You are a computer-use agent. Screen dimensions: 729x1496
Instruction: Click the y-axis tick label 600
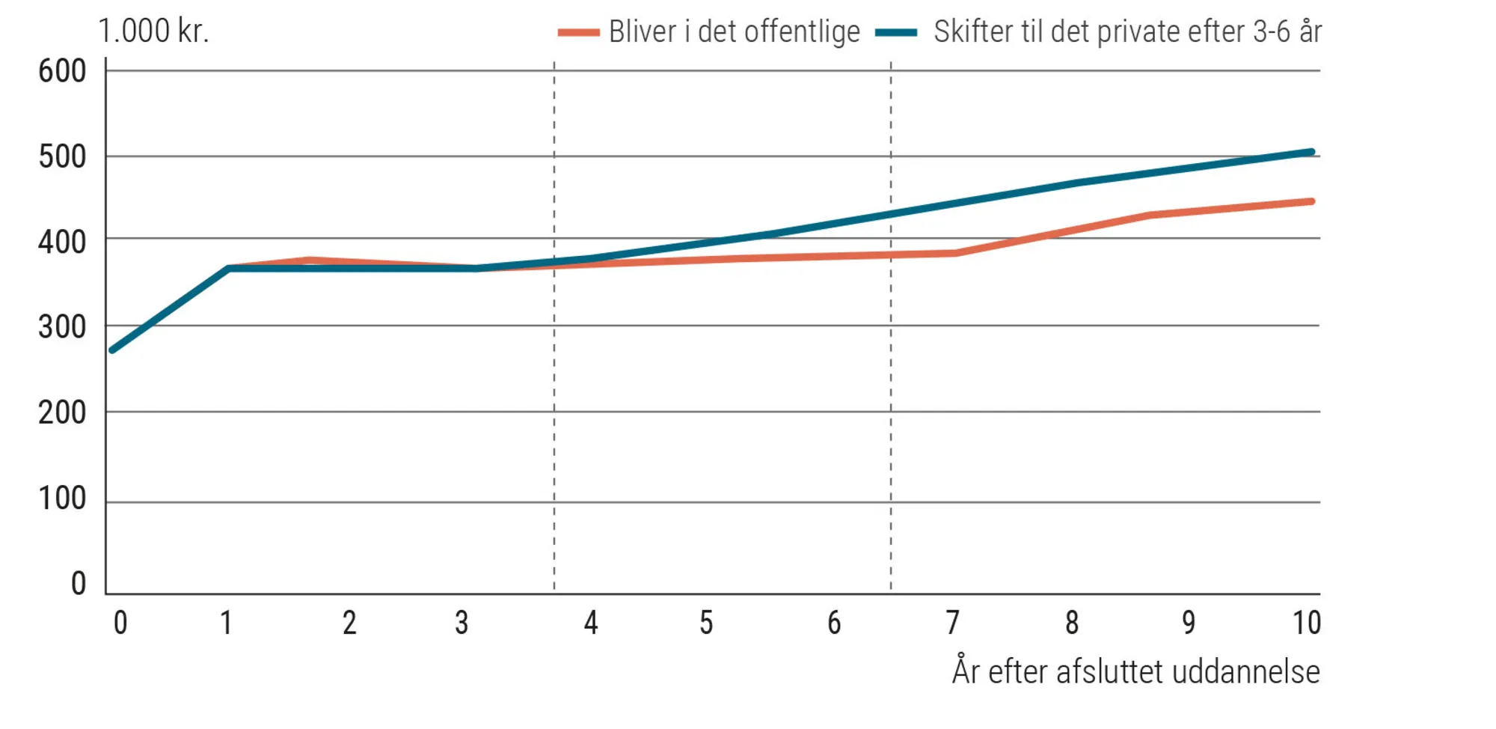click(x=62, y=72)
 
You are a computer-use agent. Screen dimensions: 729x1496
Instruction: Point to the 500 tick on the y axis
click(x=62, y=157)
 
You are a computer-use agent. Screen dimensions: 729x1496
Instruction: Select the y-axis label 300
click(x=62, y=328)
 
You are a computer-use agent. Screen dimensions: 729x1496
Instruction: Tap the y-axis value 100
click(x=62, y=498)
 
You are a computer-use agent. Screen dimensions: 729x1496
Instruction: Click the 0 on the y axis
click(x=79, y=584)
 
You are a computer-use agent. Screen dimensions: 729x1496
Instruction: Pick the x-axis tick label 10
click(x=1307, y=623)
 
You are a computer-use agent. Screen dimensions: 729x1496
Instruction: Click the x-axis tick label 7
click(x=952, y=623)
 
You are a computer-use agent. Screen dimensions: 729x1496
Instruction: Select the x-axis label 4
click(x=591, y=623)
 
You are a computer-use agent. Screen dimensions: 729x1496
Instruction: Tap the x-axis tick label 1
click(x=226, y=623)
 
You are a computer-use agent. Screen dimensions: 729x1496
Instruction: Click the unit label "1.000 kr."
click(x=153, y=31)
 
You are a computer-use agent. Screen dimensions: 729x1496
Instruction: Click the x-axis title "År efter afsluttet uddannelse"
click(x=1135, y=671)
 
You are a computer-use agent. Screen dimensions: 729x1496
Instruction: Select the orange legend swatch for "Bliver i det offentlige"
click(x=578, y=33)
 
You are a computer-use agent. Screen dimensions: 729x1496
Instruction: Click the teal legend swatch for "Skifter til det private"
click(x=896, y=33)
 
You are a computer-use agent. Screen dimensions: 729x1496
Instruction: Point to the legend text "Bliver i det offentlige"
click(x=734, y=32)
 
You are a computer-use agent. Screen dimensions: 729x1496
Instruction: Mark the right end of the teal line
click(x=1311, y=152)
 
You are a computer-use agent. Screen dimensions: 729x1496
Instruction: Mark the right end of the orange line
click(x=1311, y=201)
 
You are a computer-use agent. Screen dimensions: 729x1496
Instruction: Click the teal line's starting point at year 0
click(x=112, y=350)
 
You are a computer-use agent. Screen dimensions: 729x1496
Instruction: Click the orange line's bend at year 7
click(x=955, y=253)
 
